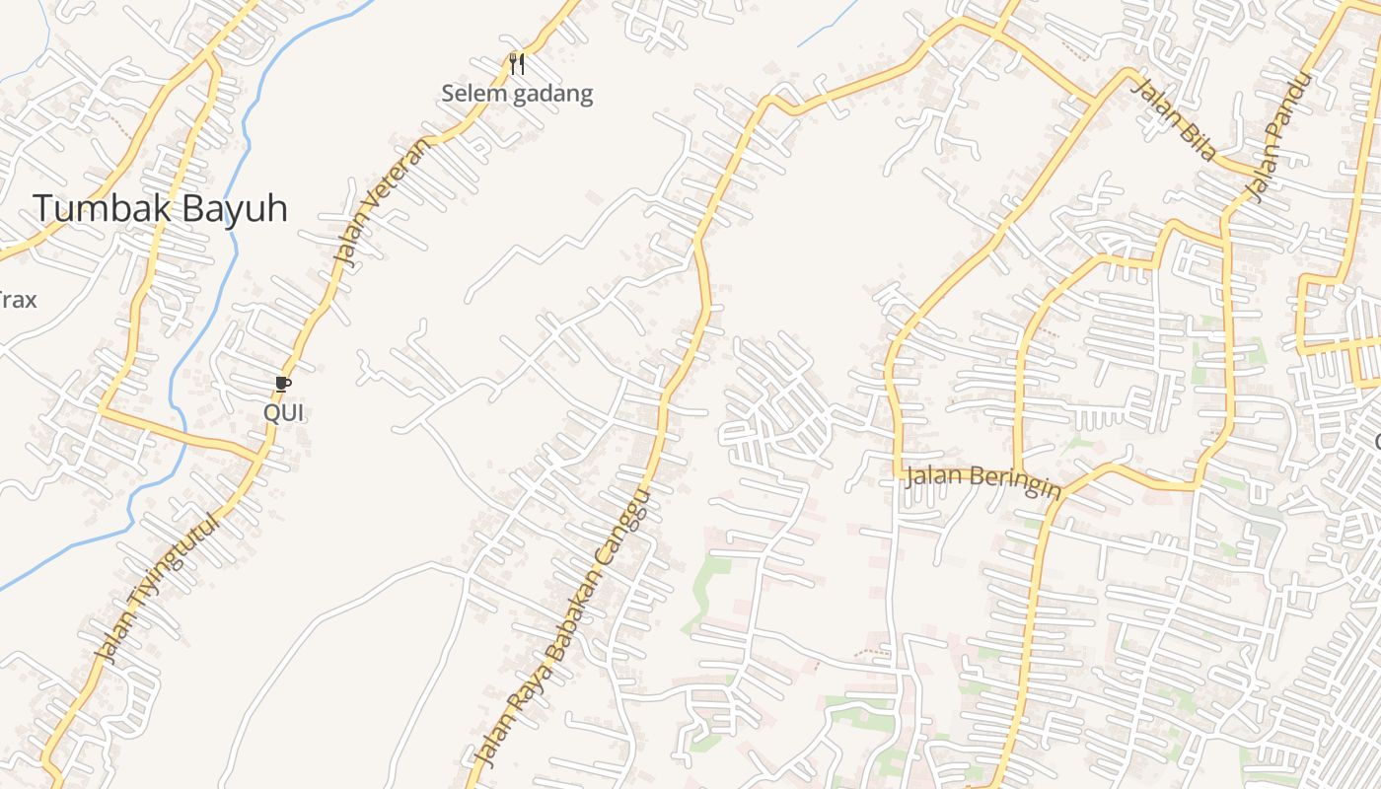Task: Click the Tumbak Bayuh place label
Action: (x=160, y=208)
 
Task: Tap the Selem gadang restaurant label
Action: (x=517, y=94)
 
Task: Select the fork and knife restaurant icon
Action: (x=517, y=64)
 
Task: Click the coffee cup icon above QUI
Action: (x=283, y=384)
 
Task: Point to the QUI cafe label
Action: (x=283, y=413)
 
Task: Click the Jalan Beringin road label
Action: (x=983, y=481)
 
